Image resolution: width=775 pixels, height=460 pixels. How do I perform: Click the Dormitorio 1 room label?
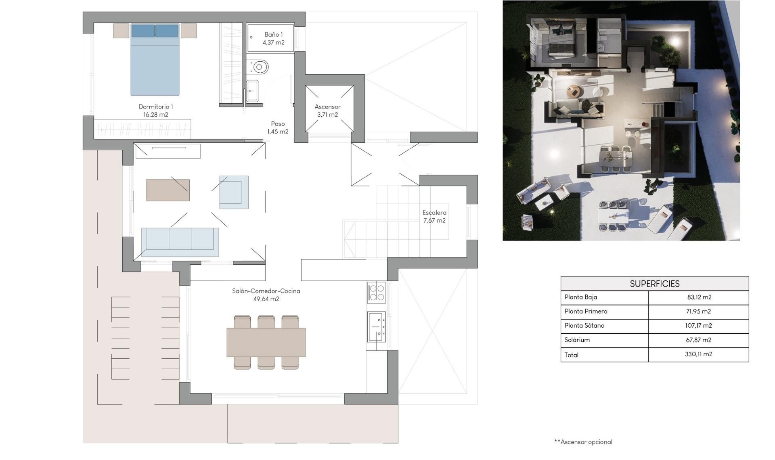[156, 107]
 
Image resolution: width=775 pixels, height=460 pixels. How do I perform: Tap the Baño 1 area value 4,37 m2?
[274, 43]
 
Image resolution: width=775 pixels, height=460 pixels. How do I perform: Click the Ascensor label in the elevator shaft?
[327, 107]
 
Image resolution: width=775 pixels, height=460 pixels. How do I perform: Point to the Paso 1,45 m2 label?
[278, 128]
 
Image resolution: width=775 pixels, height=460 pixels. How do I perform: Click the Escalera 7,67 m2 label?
[434, 216]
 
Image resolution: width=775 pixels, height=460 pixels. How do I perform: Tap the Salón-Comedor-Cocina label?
[266, 291]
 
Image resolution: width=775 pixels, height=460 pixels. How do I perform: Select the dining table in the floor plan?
[266, 343]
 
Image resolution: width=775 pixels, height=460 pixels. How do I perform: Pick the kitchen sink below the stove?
[376, 326]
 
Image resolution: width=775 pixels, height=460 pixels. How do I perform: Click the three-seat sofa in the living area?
[180, 242]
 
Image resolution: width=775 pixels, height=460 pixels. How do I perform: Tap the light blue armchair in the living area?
[234, 192]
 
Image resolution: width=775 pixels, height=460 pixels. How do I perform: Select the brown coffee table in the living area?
[168, 190]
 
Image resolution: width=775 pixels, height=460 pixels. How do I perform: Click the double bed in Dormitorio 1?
[155, 61]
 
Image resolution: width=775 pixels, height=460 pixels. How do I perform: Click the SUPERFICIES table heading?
[654, 284]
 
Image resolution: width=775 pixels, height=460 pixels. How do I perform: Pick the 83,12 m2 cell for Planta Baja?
[699, 297]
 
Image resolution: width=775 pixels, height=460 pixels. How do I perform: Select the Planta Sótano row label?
[584, 326]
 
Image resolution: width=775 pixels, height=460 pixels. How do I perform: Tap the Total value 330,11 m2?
[698, 354]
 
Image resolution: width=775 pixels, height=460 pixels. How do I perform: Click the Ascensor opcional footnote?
[583, 442]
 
